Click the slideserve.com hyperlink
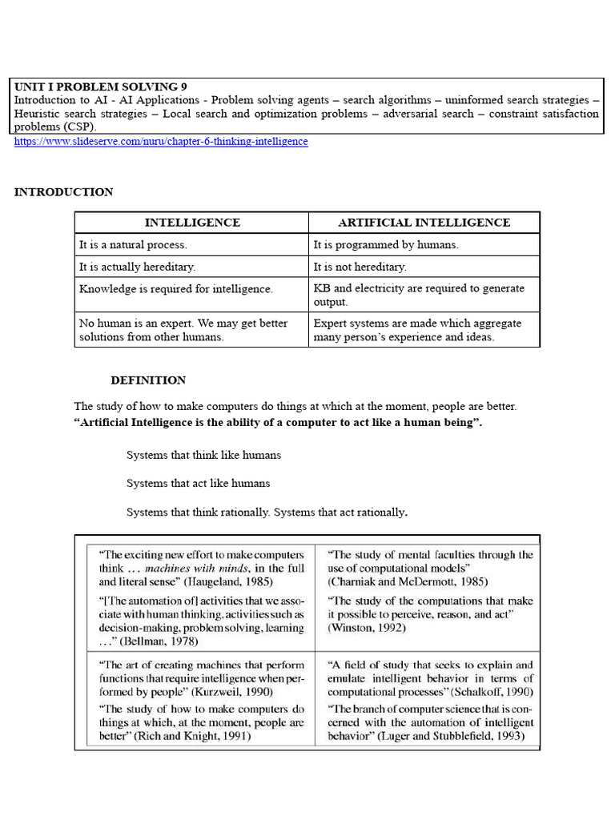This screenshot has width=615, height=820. coord(161,142)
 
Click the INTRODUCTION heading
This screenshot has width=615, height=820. coord(63,192)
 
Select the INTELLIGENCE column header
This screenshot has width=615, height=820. coord(192,223)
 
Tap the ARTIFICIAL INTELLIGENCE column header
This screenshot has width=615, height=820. coord(424,223)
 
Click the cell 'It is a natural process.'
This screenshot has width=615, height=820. coord(133,245)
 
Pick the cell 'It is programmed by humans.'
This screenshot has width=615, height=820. coord(385,245)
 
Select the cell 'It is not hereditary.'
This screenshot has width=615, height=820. coord(360,267)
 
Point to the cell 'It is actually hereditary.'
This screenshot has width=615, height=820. coord(137,267)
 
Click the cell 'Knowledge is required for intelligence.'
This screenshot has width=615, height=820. coord(175,289)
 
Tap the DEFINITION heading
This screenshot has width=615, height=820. coord(148,380)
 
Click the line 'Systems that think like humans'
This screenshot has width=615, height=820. coord(203,455)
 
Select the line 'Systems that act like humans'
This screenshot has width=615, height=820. coord(198,484)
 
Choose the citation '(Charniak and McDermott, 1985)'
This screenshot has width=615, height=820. coord(408,581)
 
